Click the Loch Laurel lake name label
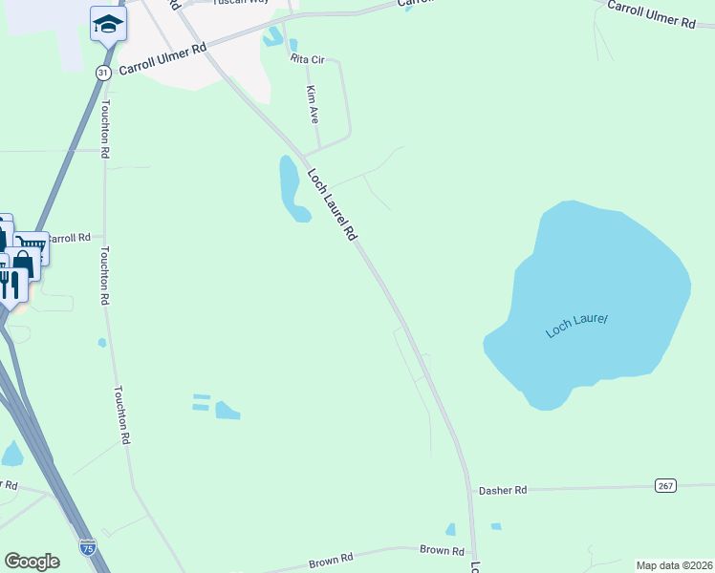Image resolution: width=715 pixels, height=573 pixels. pyautogui.click(x=576, y=326)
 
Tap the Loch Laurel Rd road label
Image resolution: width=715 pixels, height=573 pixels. pyautogui.click(x=332, y=204)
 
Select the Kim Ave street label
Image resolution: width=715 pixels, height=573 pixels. pyautogui.click(x=312, y=104)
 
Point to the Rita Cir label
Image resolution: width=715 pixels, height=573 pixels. pyautogui.click(x=308, y=59)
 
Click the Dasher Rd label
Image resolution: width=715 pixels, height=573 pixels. pyautogui.click(x=507, y=490)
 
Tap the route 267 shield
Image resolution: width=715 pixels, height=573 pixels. pyautogui.click(x=666, y=485)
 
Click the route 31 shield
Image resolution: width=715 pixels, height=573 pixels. pyautogui.click(x=103, y=73)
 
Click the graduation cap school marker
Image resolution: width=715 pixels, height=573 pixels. pyautogui.click(x=108, y=23)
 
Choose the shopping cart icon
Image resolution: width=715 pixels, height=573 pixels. pyautogui.click(x=31, y=246)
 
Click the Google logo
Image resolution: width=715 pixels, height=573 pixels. pyautogui.click(x=32, y=562)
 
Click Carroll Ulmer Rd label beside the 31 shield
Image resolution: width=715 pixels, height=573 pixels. pyautogui.click(x=162, y=60)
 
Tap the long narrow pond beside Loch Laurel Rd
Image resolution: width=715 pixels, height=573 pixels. pyautogui.click(x=291, y=186)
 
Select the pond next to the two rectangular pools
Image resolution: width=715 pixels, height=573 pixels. pyautogui.click(x=227, y=411)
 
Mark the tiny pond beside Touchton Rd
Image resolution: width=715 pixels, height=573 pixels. pyautogui.click(x=101, y=342)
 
